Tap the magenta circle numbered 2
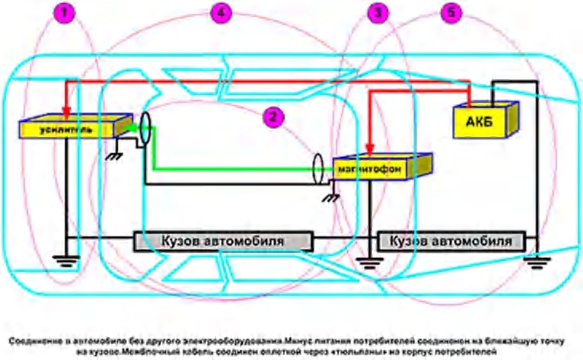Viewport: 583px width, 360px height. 273,116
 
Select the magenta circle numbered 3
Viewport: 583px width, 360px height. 380,13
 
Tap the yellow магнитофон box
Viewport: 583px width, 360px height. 379,168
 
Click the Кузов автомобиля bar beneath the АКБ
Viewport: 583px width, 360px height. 452,240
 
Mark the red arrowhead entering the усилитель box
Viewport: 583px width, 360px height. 66,114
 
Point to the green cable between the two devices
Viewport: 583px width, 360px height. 231,168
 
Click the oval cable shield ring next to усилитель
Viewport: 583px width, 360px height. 145,128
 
